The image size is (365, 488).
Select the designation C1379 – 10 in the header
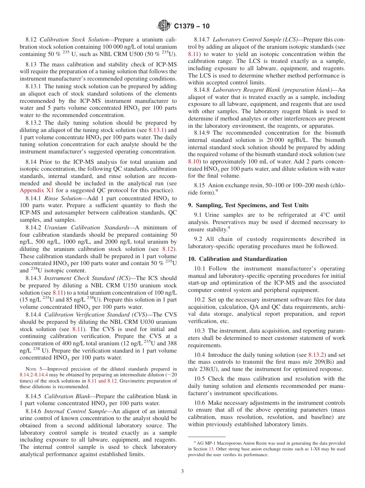click(192, 26)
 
